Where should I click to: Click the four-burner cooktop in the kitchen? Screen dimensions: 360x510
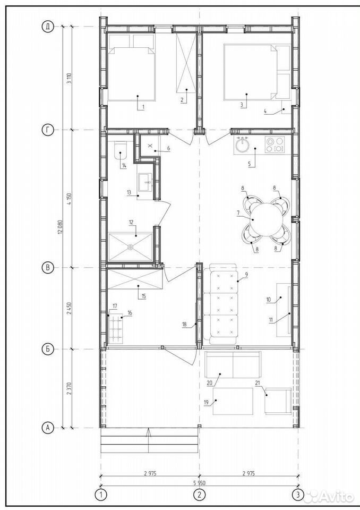(x=275, y=144)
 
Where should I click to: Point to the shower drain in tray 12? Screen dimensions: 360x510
(x=131, y=247)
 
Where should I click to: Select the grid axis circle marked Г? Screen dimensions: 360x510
(x=48, y=130)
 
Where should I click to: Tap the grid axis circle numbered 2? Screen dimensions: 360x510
(x=199, y=495)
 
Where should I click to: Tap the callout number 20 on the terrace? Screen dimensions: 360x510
(x=210, y=383)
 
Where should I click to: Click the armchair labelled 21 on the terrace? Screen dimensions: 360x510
(x=278, y=401)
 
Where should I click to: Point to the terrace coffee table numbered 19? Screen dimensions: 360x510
(x=233, y=401)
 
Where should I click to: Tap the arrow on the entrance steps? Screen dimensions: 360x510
(x=149, y=441)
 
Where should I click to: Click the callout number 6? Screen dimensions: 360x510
(x=168, y=148)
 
